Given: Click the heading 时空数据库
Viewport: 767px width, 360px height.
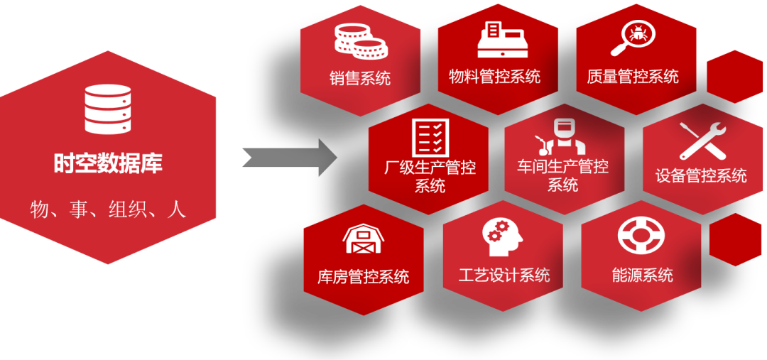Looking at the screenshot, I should coord(108,163).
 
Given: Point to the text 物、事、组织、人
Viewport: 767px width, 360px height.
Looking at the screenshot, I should coord(108,209).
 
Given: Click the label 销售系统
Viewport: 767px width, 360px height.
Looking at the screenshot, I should coord(360,77).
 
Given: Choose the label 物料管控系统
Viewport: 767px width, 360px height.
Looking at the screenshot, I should coord(495,76).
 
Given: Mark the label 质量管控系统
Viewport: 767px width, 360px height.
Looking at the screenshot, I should coord(633,76).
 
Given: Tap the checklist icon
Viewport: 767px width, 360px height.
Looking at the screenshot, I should coord(430,137).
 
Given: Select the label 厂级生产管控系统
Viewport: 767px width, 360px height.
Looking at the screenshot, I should coord(430,177).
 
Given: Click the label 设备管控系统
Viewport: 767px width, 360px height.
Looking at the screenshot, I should coord(701,175).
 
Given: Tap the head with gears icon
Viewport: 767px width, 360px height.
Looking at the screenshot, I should coord(503,236).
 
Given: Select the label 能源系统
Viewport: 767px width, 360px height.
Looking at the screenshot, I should coord(642,275).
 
